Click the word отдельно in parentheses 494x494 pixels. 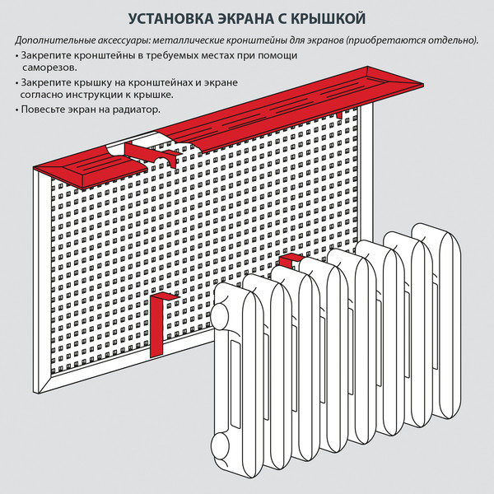[451, 40]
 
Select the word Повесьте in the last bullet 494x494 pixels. [44, 110]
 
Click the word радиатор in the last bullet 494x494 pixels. [133, 110]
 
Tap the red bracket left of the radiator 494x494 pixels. [161, 321]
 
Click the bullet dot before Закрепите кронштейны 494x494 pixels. [17, 55]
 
